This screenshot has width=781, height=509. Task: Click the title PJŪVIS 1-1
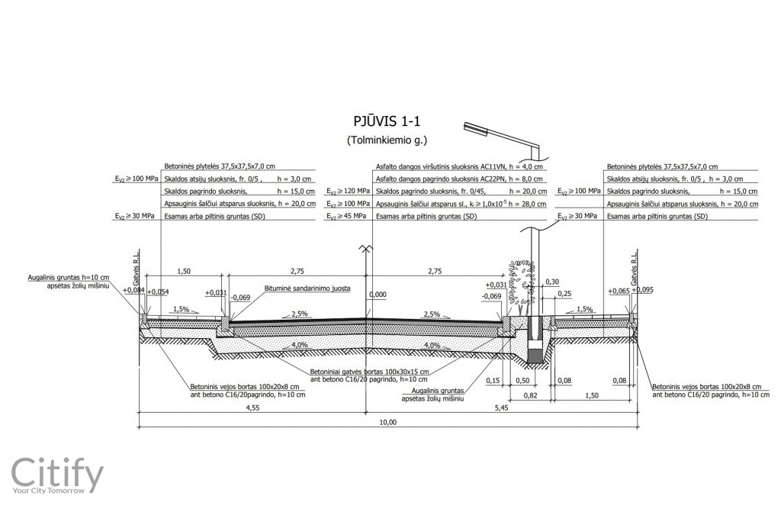coord(387,121)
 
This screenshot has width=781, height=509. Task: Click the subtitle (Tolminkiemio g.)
coord(387,140)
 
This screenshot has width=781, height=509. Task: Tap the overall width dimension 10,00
coord(388,422)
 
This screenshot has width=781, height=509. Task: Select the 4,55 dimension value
coord(252,408)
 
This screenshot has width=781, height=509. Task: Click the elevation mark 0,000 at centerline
coord(378,295)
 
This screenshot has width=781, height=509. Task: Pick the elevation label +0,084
coord(133,290)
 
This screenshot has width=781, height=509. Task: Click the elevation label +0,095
coord(642,290)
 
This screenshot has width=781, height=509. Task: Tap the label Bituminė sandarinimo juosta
coord(307,288)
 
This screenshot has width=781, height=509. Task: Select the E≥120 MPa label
coord(348,192)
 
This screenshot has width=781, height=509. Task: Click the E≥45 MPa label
coord(346,217)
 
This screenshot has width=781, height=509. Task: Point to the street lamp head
coord(476,127)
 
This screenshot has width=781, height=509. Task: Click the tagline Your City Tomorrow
coord(49,491)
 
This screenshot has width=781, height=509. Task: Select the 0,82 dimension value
coord(531,395)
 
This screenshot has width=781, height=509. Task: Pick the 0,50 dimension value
coord(522,381)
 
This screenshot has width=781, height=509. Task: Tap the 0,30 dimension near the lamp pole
coord(552,282)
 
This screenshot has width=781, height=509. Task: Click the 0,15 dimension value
coord(492,381)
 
